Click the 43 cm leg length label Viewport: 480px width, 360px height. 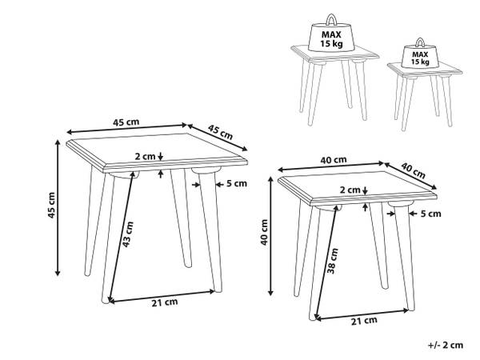point(128,234)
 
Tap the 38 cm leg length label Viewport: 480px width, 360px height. point(333,261)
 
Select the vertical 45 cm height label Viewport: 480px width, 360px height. point(51,205)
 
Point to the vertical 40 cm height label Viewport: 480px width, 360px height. point(264,232)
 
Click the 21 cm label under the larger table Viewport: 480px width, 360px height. point(165,302)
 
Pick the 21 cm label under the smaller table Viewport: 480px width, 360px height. point(364,321)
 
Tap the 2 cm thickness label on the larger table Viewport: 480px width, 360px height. point(145,157)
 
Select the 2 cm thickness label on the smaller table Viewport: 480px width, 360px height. point(350,190)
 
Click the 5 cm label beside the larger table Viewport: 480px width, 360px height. point(236,183)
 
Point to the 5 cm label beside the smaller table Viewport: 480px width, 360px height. point(430,214)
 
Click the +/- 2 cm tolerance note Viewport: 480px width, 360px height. point(446,345)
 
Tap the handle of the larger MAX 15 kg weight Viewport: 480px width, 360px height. point(331,19)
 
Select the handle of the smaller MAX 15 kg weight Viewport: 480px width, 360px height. point(420,42)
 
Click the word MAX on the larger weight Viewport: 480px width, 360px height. point(331,34)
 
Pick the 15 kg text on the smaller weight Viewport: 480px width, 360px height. point(420,62)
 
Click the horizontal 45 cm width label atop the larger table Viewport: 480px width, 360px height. point(126,122)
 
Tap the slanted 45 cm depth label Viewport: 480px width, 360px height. point(221,132)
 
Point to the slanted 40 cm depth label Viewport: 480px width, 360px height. point(414,170)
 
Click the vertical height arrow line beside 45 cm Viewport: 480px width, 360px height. point(58,208)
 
